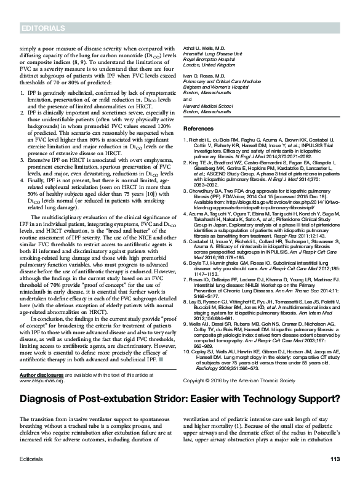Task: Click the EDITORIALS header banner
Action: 42,29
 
